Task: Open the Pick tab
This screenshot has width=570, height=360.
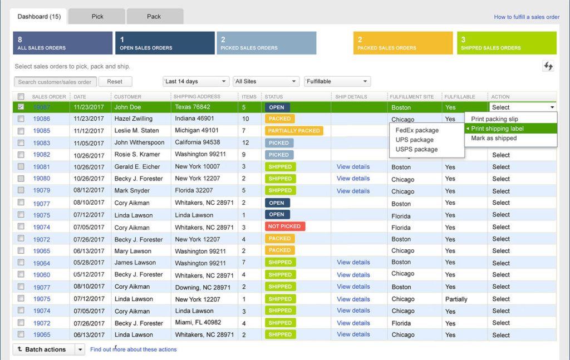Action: coord(97,17)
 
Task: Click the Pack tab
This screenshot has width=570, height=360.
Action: coord(154,17)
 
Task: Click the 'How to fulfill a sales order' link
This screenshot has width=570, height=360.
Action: coord(527,17)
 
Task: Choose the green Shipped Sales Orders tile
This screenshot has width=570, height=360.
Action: coord(508,43)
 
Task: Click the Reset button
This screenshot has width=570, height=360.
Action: coord(115,82)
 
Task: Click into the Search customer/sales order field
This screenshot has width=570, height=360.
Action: coord(55,82)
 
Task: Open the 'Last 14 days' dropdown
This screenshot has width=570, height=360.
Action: coord(196,82)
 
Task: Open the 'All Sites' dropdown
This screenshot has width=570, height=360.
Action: coord(266,82)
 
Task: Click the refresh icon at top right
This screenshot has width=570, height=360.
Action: coord(548,66)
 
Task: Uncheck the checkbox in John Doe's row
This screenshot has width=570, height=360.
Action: coord(21,107)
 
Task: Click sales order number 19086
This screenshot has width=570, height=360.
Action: coord(41,119)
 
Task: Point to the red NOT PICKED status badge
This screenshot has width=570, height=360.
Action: coord(285,226)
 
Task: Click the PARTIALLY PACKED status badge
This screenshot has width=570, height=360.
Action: coord(294,131)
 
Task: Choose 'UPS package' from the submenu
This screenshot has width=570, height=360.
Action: coord(414,140)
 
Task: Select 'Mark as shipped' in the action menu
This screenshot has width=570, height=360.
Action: coord(494,139)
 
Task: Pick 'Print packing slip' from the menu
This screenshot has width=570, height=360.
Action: coord(494,119)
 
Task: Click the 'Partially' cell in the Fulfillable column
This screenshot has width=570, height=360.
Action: coord(456,299)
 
